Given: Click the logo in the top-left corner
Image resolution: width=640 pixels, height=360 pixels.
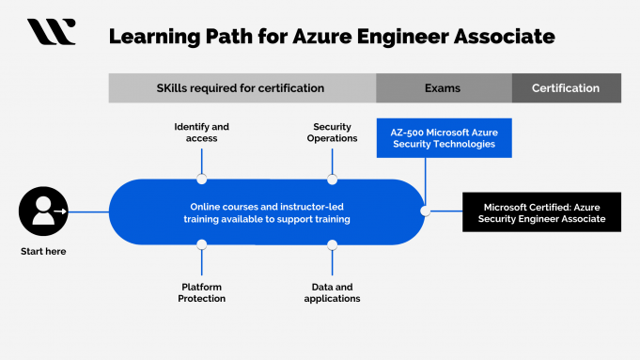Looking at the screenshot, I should pos(51,32).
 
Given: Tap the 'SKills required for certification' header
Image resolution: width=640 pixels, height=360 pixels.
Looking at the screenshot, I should pos(241,88).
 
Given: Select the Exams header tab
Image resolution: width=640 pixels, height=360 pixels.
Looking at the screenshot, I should pos(443,88).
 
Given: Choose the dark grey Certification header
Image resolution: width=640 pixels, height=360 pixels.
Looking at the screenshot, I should pos(566,88).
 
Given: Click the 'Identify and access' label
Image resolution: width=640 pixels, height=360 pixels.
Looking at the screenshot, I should pos(201,133).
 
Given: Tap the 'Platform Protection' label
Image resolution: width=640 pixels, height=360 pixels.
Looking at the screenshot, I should pos(202,292).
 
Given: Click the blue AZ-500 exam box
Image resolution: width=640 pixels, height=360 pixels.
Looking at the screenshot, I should pos(443,138).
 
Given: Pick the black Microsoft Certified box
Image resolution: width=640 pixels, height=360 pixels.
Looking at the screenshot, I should pos(542,212).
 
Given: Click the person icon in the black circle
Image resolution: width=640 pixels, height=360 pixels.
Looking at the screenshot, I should pos(43,212).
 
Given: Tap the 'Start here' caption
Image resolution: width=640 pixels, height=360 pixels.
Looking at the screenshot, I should pos(43,251).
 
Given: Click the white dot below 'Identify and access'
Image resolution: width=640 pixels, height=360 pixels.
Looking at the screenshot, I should pos(201,180).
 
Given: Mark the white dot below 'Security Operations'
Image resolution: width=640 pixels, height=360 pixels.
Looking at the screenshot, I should pos(332,180).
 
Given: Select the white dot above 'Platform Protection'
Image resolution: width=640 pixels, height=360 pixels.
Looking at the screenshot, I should pos(201,244).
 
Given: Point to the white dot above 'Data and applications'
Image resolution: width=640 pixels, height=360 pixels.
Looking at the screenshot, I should pos(332,244).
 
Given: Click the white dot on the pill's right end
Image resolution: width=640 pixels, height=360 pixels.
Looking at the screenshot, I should pos(425,211).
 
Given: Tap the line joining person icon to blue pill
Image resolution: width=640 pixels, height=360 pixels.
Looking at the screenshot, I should pos(88,212).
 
